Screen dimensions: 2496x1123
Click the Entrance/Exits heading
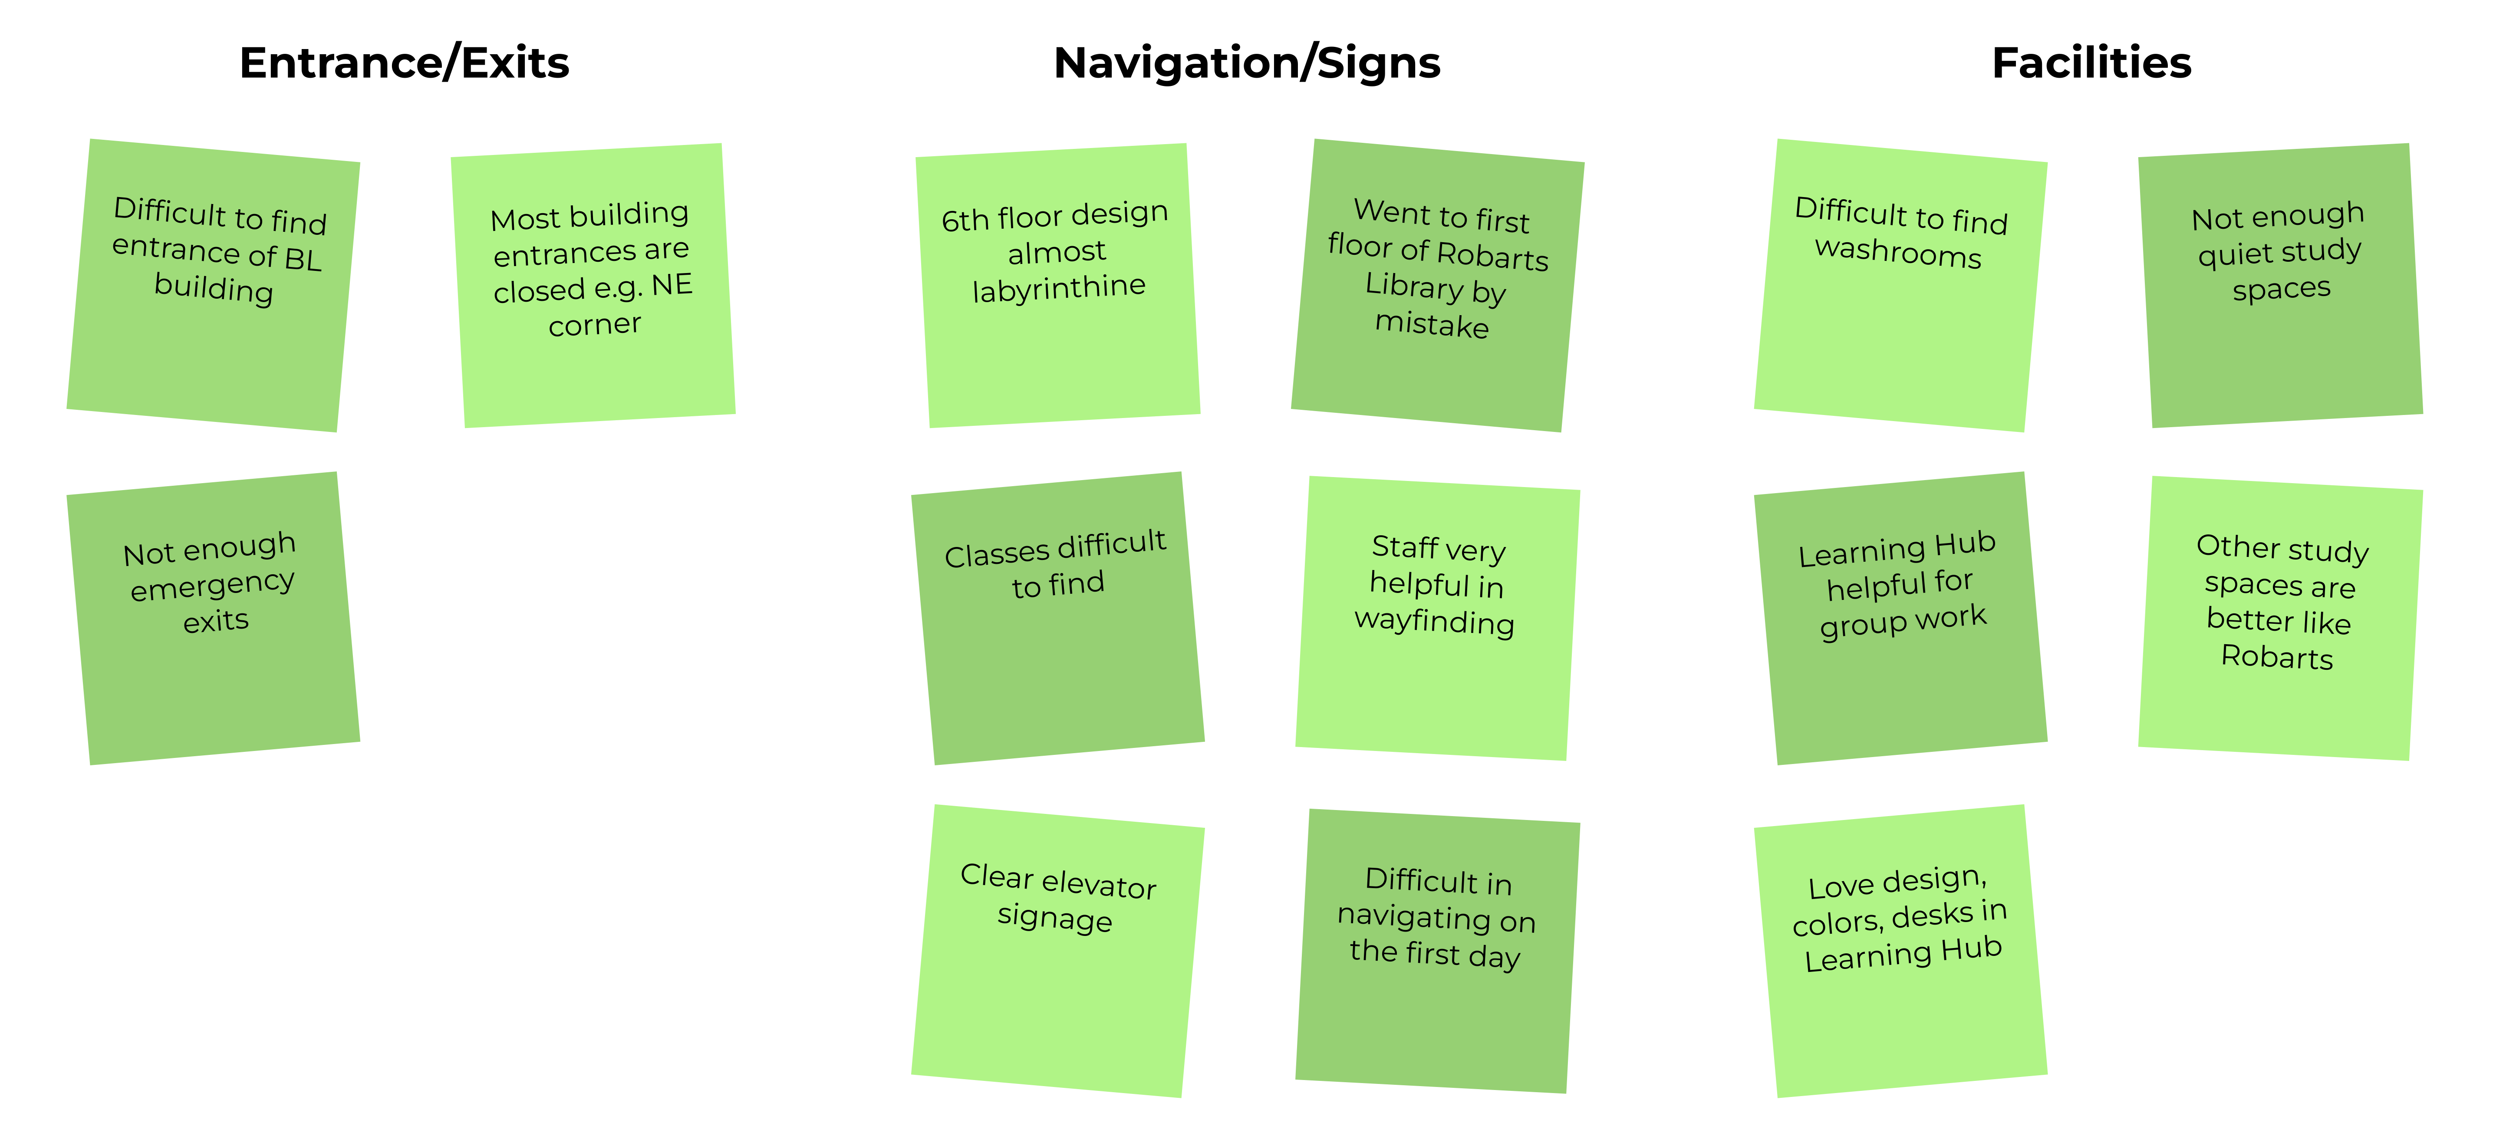click(404, 63)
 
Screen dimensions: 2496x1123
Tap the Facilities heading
click(2091, 63)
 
